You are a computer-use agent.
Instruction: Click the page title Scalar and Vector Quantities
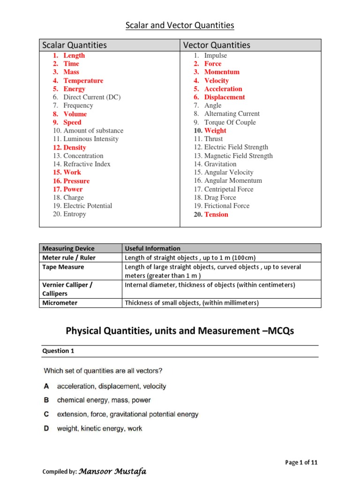coord(180,25)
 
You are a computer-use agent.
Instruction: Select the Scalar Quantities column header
coord(75,45)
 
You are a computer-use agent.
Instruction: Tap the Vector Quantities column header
coord(217,45)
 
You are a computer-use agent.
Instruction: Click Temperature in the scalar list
coord(83,81)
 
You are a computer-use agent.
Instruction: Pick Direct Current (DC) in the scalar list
coord(92,97)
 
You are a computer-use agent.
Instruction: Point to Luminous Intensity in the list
coord(91,139)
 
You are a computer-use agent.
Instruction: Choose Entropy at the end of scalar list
coord(75,214)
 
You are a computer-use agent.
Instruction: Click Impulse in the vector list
coord(216,55)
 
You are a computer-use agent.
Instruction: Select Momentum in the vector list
coord(222,72)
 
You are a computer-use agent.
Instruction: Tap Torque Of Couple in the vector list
coord(230,122)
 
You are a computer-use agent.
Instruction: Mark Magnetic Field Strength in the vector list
coord(238,156)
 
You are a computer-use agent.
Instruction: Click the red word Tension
coord(216,214)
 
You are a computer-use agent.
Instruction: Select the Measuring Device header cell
coord(68,248)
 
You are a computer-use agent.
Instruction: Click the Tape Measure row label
coord(63,267)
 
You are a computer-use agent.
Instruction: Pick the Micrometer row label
coord(60,303)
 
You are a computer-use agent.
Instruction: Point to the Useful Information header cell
coord(153,248)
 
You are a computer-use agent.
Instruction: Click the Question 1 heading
coord(58,351)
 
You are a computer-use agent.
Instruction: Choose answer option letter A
coord(47,386)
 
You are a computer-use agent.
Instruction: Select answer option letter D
coord(47,428)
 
